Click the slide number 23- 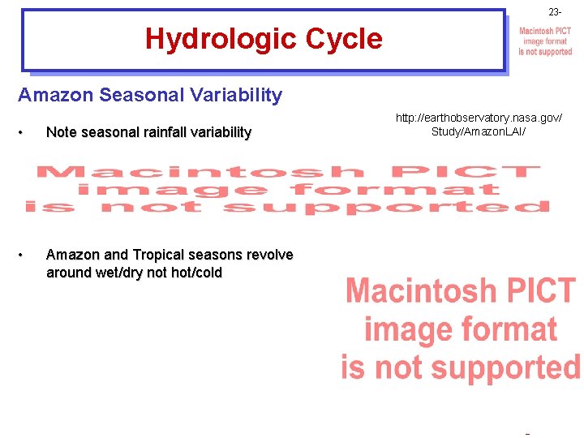tap(554, 12)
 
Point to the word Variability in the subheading tap(234, 96)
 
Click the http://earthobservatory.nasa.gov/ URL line tap(479, 118)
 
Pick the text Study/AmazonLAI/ tap(479, 131)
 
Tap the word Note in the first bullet tap(62, 132)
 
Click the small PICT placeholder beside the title tap(545, 41)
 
